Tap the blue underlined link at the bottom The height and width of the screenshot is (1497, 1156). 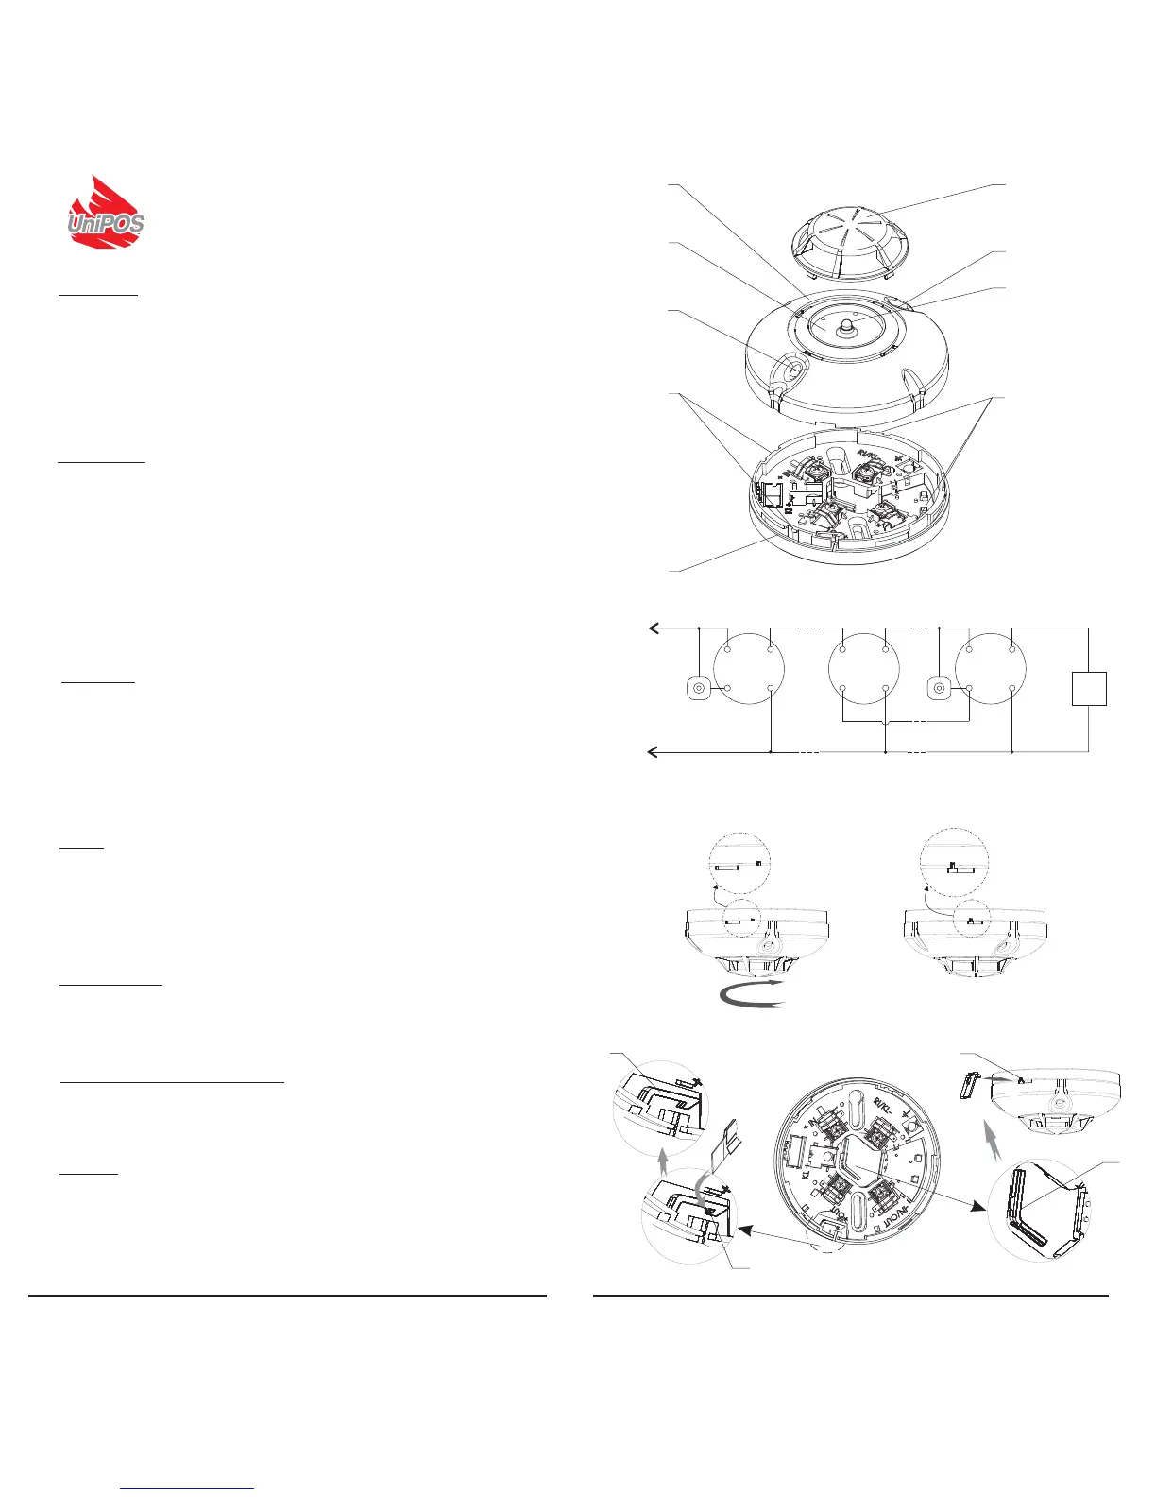[188, 1488]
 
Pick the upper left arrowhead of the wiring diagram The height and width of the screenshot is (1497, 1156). [651, 628]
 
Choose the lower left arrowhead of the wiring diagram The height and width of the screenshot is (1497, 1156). [651, 752]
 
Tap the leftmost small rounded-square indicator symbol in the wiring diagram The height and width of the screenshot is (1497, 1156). [697, 689]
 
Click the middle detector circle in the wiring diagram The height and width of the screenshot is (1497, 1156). [861, 670]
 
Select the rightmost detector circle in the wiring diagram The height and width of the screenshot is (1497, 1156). [990, 670]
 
